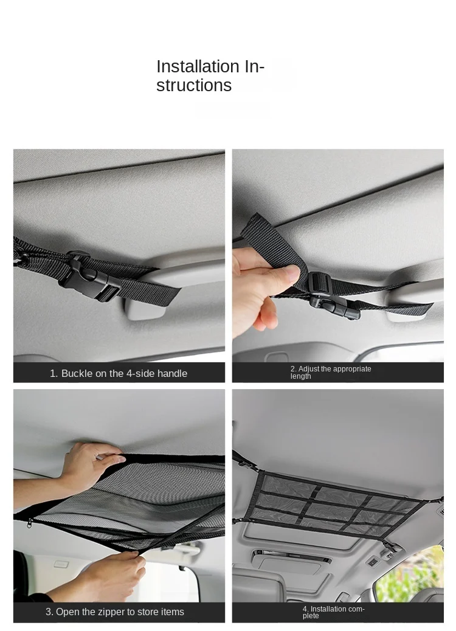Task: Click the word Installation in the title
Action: pos(198,66)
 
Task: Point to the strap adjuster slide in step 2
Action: pos(320,283)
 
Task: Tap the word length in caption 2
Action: pos(300,376)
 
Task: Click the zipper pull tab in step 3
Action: pos(29,523)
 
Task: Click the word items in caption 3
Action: pos(173,612)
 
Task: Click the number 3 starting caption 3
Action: pos(49,612)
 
